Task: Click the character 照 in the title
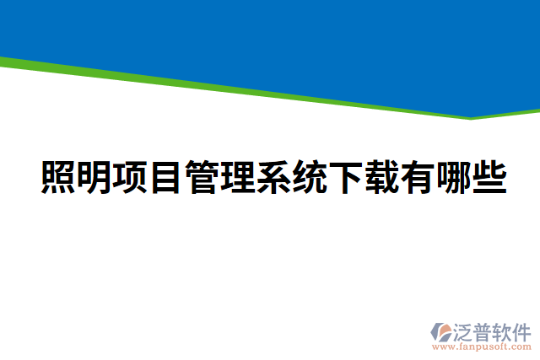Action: click(x=60, y=177)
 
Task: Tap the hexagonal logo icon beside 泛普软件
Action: click(x=440, y=331)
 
